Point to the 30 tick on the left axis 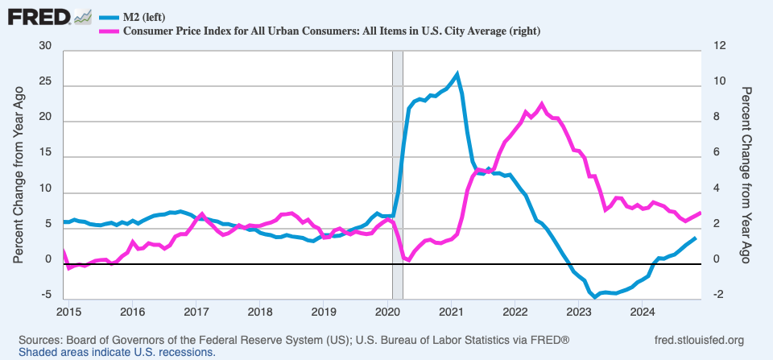[45, 46]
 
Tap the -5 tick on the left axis [45, 296]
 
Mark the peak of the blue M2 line [457, 74]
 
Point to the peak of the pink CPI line [542, 104]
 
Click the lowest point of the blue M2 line [595, 297]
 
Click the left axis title [18, 173]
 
